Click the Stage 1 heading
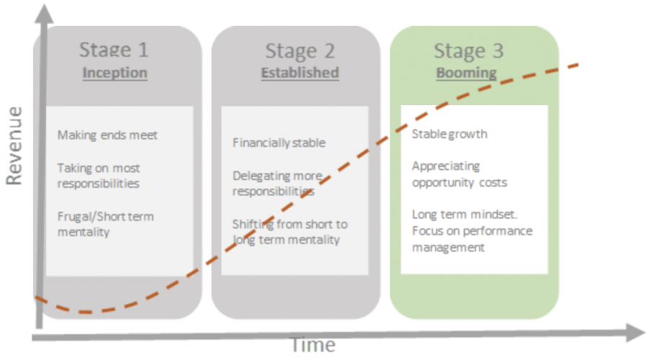point(114,50)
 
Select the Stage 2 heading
point(300,51)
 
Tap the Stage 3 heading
point(469,51)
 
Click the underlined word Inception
point(115,73)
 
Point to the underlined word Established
point(300,73)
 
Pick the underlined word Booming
point(466,73)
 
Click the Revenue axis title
point(14,145)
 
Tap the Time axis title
point(313,345)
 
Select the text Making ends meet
point(107,135)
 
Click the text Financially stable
point(279,143)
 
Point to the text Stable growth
point(449,134)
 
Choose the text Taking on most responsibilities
point(99,176)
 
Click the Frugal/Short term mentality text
point(105,224)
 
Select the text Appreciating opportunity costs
point(460,174)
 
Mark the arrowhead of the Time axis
point(636,333)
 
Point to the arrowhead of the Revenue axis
point(44,14)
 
